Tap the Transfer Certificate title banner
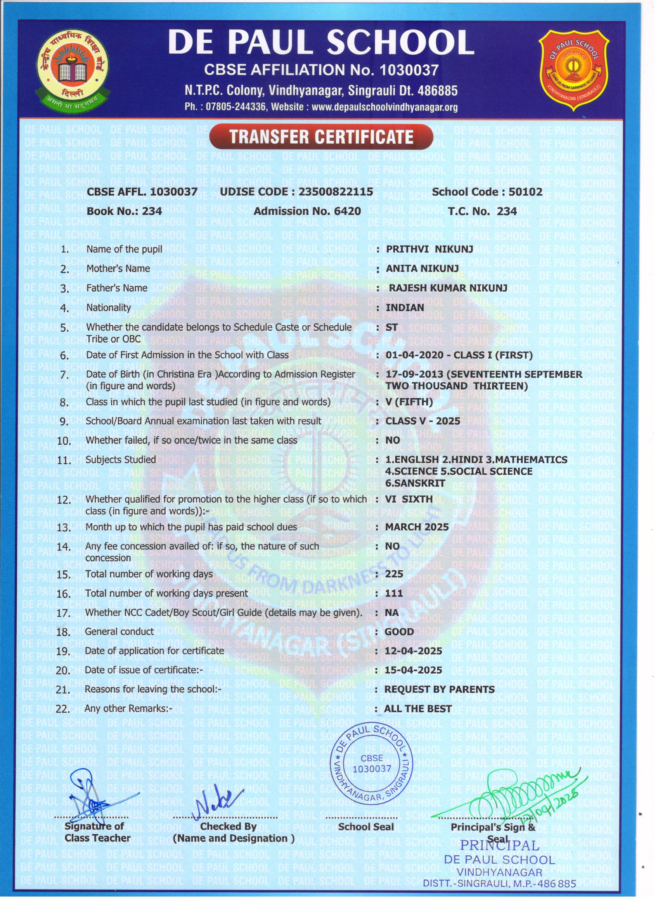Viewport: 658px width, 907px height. point(321,137)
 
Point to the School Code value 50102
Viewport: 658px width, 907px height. point(525,192)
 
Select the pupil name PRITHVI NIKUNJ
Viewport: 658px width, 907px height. point(429,249)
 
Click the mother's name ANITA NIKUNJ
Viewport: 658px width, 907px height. point(422,269)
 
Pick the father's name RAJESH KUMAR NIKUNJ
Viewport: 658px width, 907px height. point(448,288)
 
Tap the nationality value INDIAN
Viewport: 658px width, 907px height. point(404,308)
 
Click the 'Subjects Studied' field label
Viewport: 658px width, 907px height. point(120,459)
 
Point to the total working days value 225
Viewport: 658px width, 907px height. point(394,574)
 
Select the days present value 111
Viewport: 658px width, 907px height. point(394,593)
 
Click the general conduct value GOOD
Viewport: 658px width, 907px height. point(399,632)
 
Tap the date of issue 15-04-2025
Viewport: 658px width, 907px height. point(413,670)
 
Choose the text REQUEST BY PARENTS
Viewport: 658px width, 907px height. point(439,689)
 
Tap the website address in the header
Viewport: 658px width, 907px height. point(384,107)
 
